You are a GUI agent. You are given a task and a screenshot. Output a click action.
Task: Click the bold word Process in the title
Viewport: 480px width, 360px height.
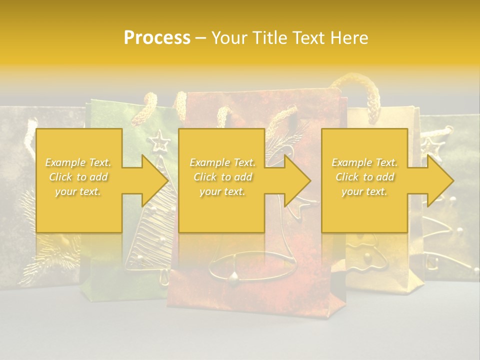point(157,37)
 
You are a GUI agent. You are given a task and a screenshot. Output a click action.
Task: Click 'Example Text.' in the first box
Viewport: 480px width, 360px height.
point(78,162)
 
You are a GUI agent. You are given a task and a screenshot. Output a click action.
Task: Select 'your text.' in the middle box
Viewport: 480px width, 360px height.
point(222,191)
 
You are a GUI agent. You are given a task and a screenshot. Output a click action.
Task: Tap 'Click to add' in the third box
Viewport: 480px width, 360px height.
point(365,177)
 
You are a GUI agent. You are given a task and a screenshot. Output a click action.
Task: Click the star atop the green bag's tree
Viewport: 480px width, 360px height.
point(160,140)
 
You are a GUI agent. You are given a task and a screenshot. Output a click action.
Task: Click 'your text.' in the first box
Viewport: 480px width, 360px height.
point(78,191)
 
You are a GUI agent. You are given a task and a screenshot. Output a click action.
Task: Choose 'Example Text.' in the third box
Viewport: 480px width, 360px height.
point(365,162)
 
